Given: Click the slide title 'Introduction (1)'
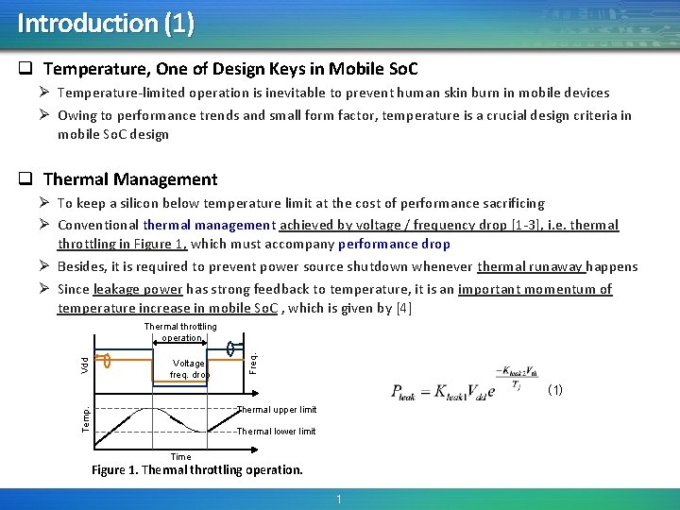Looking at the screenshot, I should (106, 23).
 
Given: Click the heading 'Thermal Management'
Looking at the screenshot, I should (130, 179).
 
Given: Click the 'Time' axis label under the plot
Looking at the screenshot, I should (180, 457).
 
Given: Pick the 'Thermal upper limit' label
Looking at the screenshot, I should (276, 410).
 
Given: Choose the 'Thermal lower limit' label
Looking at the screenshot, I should (276, 432).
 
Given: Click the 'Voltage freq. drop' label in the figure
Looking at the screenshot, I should (189, 368).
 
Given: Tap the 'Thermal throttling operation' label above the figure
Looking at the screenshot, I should (180, 332).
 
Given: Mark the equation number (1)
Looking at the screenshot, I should (555, 389).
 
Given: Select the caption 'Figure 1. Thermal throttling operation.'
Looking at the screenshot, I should (197, 470).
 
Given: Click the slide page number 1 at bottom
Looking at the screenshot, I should (337, 499).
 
